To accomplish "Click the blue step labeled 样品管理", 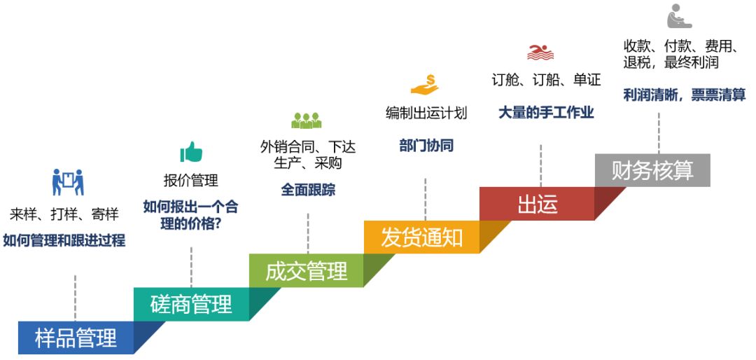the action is [x=76, y=338].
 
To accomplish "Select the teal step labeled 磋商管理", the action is [x=191, y=304].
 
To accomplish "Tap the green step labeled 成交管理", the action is [x=307, y=271].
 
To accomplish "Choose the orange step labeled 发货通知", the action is [x=422, y=237].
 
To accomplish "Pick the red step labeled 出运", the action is [x=537, y=204].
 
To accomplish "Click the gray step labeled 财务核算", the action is [x=652, y=170].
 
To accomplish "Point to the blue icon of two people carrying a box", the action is [x=68, y=182].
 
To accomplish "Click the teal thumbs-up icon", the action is [x=191, y=151].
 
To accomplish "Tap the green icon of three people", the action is [x=306, y=120].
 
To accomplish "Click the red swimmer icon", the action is [x=540, y=52].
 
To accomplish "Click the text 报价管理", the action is [x=191, y=181].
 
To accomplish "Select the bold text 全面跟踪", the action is [x=308, y=190].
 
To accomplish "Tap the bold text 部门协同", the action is [x=426, y=146].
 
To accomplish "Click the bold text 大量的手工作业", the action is [x=546, y=113].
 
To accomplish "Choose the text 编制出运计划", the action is [x=426, y=113].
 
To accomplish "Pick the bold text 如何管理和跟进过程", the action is [x=64, y=240].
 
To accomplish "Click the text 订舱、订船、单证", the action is [x=546, y=80].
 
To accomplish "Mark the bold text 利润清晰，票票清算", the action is [x=684, y=95].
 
